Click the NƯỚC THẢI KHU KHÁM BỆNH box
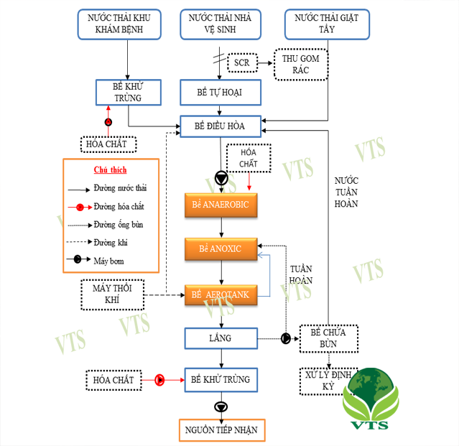[119, 24]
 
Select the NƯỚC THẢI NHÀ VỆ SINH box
[220, 24]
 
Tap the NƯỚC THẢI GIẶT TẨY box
[327, 24]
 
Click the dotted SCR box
[242, 62]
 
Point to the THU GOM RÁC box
[301, 65]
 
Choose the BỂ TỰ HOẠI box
[220, 92]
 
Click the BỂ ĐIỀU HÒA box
[220, 126]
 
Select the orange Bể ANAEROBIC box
[221, 205]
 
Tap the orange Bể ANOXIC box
[221, 249]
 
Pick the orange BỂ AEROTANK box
[221, 295]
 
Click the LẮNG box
[221, 338]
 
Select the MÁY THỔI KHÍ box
[112, 294]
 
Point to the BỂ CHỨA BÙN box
[329, 338]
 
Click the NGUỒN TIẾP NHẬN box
[222, 430]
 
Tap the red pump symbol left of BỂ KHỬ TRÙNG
[159, 380]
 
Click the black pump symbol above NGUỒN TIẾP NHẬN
[221, 407]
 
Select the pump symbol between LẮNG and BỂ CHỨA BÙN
[286, 338]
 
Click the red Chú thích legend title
[111, 169]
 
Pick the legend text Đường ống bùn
[119, 225]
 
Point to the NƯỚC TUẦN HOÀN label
[346, 192]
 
